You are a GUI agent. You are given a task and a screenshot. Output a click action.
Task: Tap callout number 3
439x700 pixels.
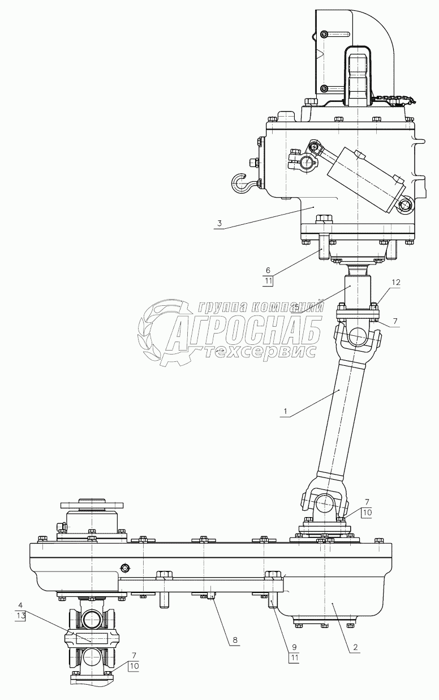point(218,225)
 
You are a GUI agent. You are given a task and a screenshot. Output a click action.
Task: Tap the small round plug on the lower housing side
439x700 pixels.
point(125,568)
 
